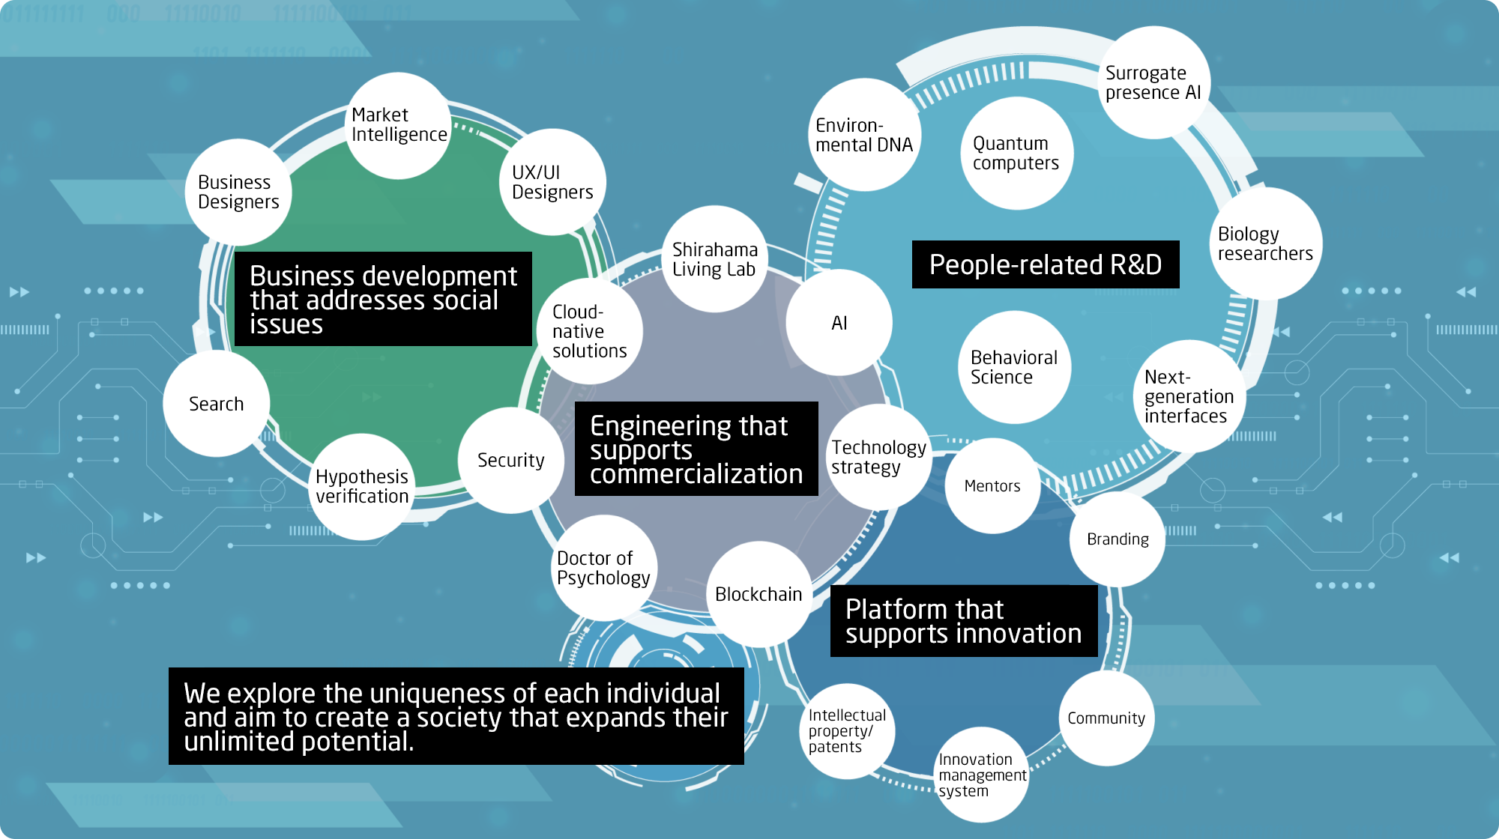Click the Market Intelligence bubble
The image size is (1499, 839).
pos(398,126)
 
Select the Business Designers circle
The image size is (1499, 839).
pos(238,193)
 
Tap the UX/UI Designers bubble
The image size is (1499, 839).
pos(553,182)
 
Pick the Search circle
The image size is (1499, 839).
pos(217,404)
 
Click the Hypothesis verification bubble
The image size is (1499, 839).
pos(361,487)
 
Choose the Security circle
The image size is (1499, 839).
pos(511,460)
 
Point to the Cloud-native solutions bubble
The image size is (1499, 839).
pos(590,331)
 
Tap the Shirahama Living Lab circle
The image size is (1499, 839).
pos(715,259)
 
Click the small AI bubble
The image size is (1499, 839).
pos(839,323)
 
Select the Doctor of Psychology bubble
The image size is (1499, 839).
pos(604,568)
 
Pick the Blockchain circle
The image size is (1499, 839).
pos(759,595)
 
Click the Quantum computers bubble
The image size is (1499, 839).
pos(1017,154)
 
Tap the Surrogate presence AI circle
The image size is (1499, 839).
pos(1154,82)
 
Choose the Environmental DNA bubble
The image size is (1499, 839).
pos(865,135)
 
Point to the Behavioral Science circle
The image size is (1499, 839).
pos(1015,367)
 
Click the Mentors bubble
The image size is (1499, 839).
pos(993,486)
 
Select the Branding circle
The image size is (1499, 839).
pos(1118,539)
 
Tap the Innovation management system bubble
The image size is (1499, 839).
pos(981,775)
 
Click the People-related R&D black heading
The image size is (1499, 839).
pos(1046,264)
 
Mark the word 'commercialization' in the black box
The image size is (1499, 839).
pos(696,474)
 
